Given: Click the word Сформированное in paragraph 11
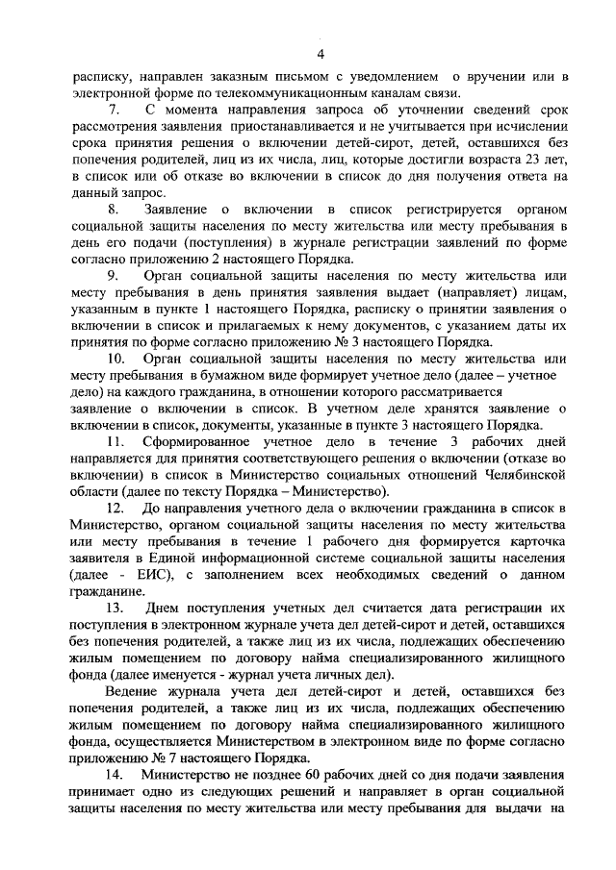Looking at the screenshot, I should point(197,443).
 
